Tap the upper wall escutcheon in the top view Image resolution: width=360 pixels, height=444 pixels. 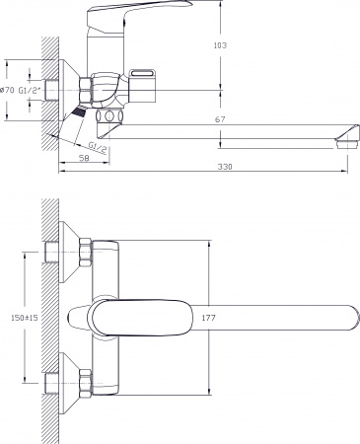pos(65,253)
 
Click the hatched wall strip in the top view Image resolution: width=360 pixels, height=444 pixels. pos(44,316)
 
